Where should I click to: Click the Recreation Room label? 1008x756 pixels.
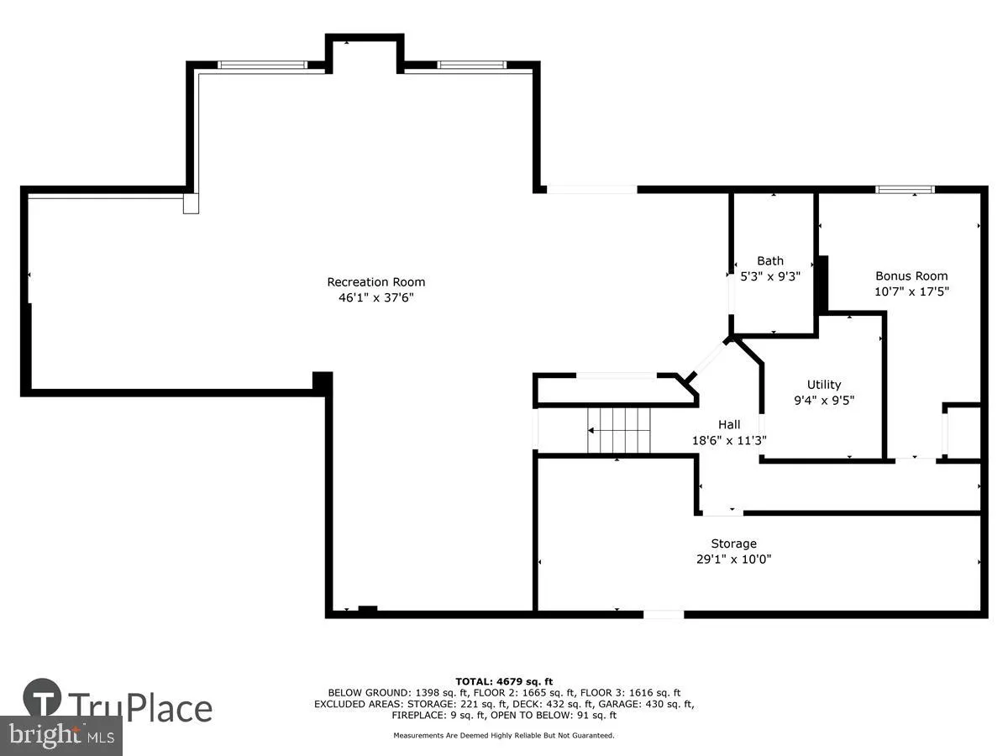(x=375, y=282)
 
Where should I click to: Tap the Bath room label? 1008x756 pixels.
(x=769, y=260)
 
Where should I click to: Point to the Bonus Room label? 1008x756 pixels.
(x=911, y=276)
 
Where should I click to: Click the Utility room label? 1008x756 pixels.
(x=823, y=385)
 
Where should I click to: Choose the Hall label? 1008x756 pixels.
(x=728, y=424)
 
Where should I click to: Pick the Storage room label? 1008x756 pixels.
(x=733, y=543)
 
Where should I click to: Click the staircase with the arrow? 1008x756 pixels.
(x=619, y=430)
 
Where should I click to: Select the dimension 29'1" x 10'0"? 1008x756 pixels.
(x=733, y=559)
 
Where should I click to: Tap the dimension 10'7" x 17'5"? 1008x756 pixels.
(x=911, y=291)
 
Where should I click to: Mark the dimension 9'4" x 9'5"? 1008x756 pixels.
(x=823, y=400)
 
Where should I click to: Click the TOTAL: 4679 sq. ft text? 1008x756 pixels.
(x=504, y=681)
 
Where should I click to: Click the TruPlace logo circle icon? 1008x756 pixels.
(x=42, y=699)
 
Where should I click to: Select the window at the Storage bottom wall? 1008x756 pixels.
(x=664, y=615)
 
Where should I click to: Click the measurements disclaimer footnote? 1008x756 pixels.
(x=504, y=736)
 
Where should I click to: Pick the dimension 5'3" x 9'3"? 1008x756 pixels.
(x=769, y=276)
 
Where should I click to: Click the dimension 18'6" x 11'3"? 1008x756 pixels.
(x=728, y=439)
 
